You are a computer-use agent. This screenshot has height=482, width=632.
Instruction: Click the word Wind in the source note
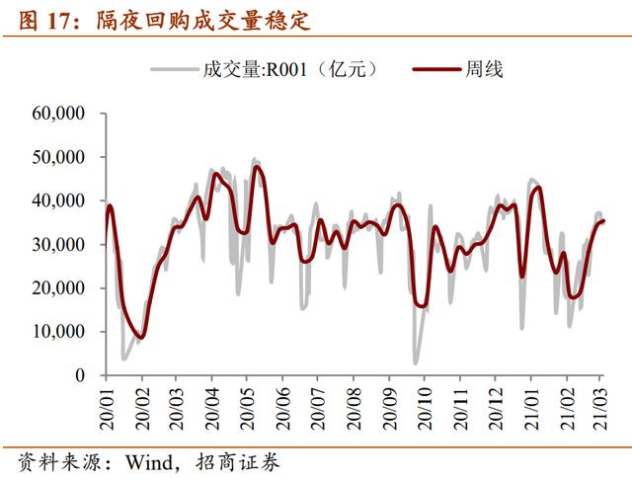click(143, 461)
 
